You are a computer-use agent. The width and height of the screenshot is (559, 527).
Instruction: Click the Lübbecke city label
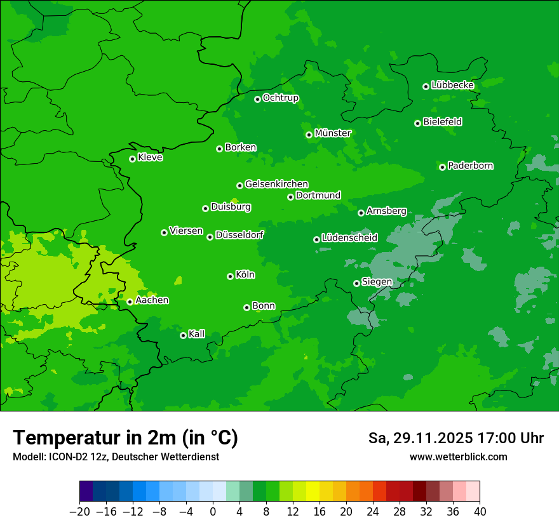452,85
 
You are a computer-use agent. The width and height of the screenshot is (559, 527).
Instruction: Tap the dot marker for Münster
309,135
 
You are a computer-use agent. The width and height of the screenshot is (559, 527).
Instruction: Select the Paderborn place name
470,166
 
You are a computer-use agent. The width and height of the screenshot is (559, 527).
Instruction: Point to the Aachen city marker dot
130,302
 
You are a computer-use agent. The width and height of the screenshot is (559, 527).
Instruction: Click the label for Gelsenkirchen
276,184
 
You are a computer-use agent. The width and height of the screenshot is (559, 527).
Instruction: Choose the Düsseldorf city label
239,235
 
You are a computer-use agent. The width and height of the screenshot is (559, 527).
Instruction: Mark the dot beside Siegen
356,283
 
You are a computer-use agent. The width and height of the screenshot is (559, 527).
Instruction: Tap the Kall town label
197,334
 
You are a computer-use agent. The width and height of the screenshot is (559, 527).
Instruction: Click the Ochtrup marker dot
257,99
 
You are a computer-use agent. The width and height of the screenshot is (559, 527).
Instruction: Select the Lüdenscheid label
349,238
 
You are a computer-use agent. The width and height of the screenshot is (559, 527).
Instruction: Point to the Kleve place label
150,157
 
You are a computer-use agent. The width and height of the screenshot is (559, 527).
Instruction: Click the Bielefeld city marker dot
417,123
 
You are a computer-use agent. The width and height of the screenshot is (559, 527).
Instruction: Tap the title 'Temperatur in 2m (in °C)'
125,438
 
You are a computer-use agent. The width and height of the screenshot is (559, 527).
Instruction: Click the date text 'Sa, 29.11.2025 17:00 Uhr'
455,438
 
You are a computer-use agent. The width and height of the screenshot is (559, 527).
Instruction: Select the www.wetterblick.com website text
458,457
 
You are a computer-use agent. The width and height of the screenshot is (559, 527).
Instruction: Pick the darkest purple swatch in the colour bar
86,491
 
